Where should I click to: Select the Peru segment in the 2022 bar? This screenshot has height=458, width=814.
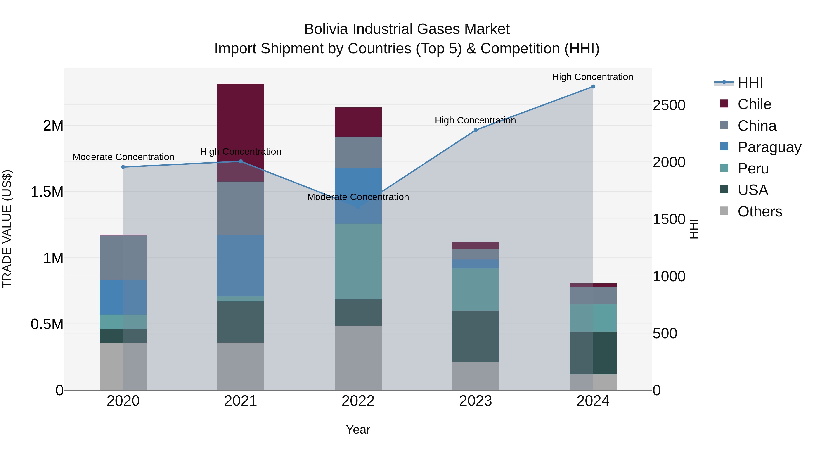358,261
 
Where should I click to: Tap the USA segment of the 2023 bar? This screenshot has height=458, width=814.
476,336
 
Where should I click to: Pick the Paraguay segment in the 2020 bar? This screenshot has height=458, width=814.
123,297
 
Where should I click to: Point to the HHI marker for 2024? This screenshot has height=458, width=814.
593,87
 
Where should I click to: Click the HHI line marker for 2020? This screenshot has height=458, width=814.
123,167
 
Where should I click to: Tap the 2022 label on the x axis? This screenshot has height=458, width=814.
358,401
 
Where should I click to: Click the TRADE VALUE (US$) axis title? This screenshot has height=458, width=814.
7,229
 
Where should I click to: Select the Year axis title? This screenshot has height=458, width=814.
358,430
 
